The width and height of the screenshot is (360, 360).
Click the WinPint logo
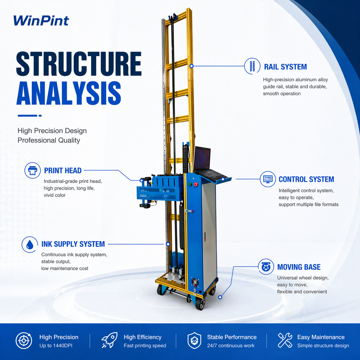tap(41, 21)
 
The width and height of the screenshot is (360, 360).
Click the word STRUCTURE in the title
tap(79, 64)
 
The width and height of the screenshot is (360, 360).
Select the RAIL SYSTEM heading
tap(285, 67)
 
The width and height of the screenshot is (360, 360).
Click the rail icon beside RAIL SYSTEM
tap(252, 66)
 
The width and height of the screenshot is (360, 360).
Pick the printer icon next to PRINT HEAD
tap(33, 170)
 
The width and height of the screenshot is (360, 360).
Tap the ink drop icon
tap(30, 244)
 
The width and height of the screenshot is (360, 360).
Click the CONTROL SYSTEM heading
tap(306, 179)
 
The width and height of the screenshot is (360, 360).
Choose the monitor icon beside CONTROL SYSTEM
tap(268, 179)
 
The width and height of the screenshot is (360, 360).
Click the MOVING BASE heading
tap(299, 267)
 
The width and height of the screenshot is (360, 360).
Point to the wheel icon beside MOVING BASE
tap(266, 267)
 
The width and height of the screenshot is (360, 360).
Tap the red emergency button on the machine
tap(196, 184)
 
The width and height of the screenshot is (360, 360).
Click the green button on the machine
tap(190, 184)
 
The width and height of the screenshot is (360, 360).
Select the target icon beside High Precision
tap(24, 341)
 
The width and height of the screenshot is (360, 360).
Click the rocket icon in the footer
tap(109, 340)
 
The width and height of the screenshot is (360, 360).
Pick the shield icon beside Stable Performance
tap(194, 340)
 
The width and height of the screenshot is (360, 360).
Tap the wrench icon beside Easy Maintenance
tap(285, 340)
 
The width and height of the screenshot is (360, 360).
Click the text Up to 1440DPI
tap(56, 345)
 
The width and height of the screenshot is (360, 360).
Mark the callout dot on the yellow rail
tap(192, 66)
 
